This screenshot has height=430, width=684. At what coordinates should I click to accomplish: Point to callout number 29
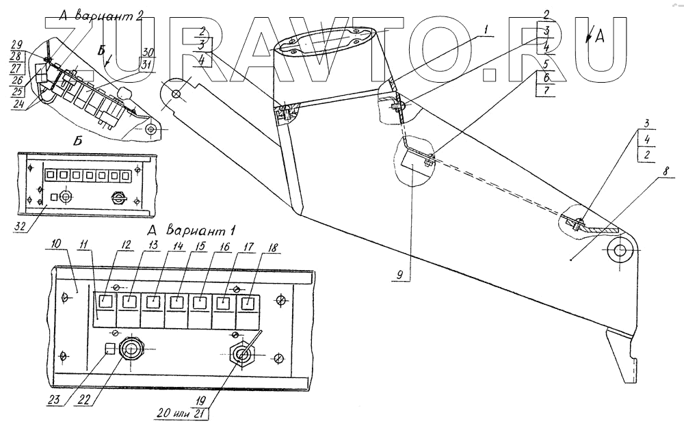pyautogui.click(x=17, y=43)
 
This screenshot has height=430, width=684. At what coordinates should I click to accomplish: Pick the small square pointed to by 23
pyautogui.click(x=108, y=349)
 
